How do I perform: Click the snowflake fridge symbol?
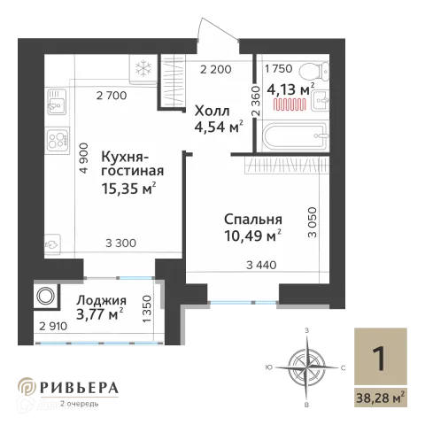tap(143, 67)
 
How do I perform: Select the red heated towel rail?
tap(290, 104)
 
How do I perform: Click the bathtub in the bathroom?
tap(295, 136)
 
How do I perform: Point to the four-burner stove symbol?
tap(58, 141)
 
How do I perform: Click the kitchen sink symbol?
tap(58, 101)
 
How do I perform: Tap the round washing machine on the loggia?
tap(45, 296)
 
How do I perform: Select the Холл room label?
tap(212, 112)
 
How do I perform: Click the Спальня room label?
tap(253, 220)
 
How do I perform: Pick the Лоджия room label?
tap(102, 300)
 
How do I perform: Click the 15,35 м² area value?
tap(128, 189)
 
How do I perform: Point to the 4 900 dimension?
tap(84, 158)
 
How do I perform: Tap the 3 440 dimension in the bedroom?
tap(261, 265)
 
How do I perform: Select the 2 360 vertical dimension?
tap(256, 101)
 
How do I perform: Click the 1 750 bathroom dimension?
tap(279, 68)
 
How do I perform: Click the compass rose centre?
tap(307, 367)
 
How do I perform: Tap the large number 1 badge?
tap(379, 359)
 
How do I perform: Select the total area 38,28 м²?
tap(381, 398)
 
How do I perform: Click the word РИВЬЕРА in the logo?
tap(79, 388)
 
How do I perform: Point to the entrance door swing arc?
tap(219, 27)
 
